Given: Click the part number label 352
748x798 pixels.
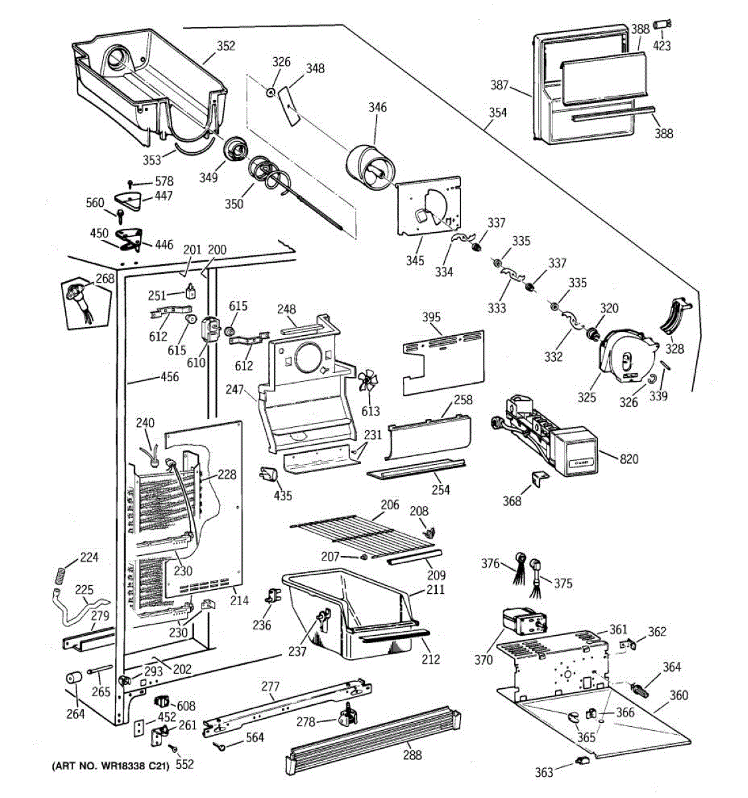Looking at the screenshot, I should point(226,46).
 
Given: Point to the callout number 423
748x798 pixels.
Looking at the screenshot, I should point(662,46).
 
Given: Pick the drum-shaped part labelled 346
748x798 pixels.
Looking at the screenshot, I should point(370,166).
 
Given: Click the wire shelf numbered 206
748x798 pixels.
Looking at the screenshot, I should point(352,532).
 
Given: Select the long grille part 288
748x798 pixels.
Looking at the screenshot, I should point(372,735).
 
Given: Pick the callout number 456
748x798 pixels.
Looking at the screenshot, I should point(170,377).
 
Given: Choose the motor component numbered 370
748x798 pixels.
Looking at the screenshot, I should point(522,624).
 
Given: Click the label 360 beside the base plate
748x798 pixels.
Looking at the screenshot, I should point(679,696).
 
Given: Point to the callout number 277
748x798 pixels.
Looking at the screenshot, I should point(271,686).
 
